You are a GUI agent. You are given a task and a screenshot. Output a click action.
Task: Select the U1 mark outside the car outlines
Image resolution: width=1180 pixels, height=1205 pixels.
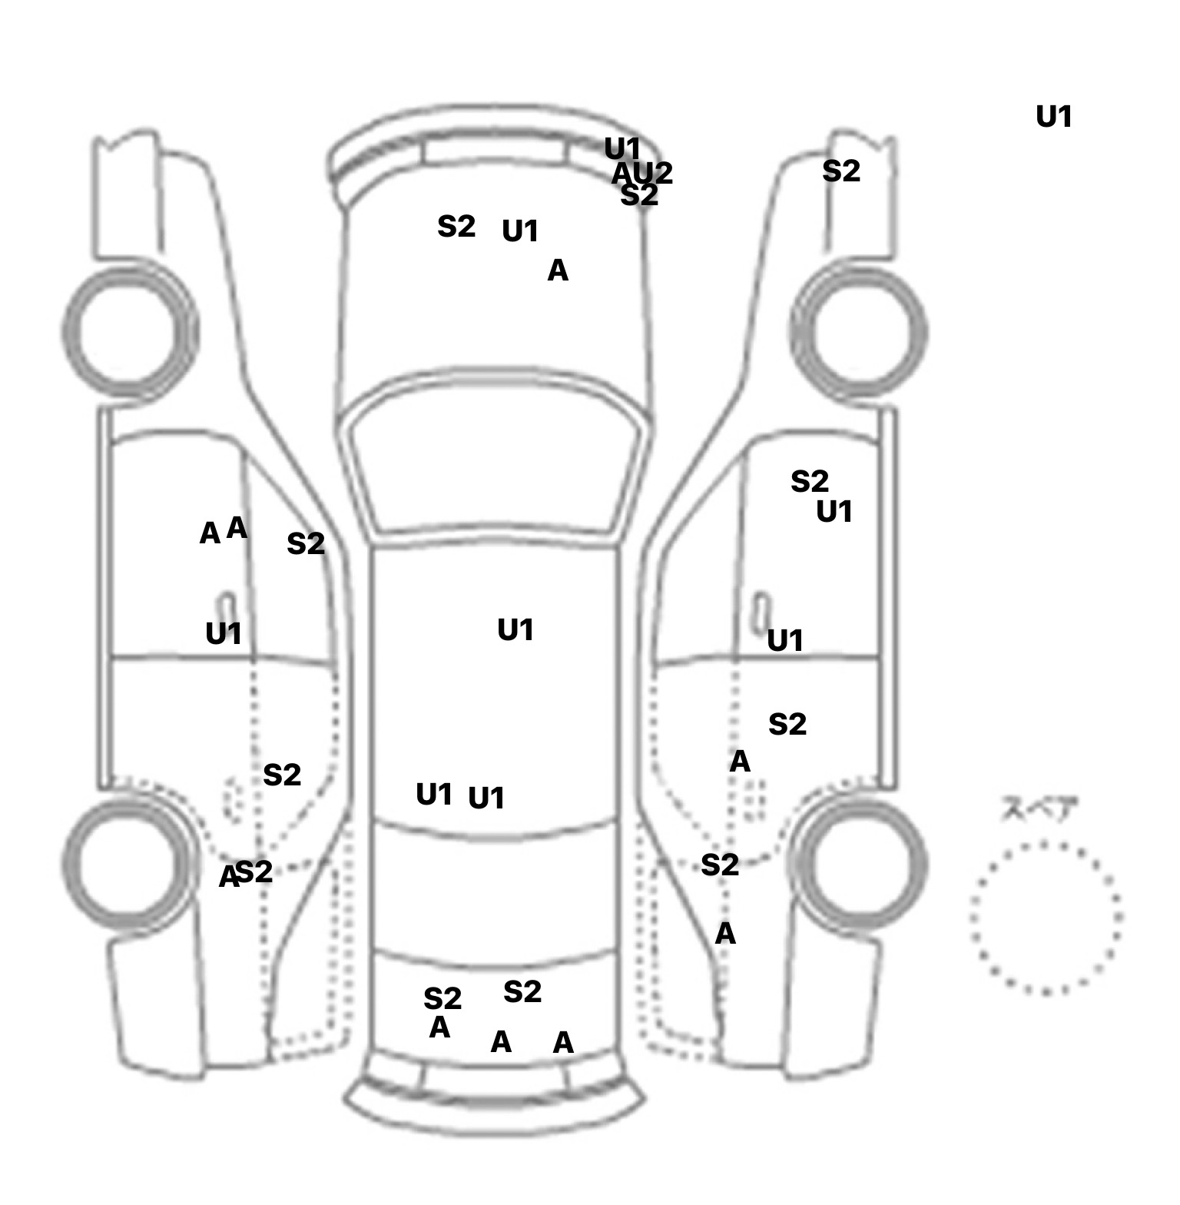pos(1053,117)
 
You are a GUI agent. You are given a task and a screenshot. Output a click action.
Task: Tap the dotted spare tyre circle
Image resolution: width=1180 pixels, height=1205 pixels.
pos(1046,918)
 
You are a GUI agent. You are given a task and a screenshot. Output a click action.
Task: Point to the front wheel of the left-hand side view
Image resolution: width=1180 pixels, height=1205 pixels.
pos(128,331)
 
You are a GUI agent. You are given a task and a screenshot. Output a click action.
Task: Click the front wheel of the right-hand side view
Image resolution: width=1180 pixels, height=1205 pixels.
pos(859,331)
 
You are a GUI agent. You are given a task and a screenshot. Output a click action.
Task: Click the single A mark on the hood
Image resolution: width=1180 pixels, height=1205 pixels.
pos(558,271)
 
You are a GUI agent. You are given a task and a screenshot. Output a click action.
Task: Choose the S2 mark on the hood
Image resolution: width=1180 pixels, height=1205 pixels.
pos(456,227)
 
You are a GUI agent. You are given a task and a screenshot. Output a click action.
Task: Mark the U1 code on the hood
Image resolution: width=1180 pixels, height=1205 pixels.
pos(520,231)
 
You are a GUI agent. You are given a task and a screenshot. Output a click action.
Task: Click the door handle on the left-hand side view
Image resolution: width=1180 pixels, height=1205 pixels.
pos(227,607)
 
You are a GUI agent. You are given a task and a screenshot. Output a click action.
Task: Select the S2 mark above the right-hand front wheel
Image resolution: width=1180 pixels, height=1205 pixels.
pos(840,171)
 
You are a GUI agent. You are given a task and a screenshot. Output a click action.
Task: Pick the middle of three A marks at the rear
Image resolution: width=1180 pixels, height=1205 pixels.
pos(501,1042)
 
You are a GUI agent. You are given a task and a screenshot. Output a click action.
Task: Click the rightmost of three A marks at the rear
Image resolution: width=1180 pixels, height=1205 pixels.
pos(563,1043)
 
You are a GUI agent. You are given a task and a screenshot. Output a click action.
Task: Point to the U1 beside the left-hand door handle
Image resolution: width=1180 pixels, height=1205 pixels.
pos(224,633)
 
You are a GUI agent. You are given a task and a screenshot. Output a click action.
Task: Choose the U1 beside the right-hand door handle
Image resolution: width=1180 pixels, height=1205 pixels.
pos(785,639)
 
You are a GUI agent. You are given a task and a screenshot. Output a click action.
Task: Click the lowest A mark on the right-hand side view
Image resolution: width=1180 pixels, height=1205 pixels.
pos(725,934)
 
